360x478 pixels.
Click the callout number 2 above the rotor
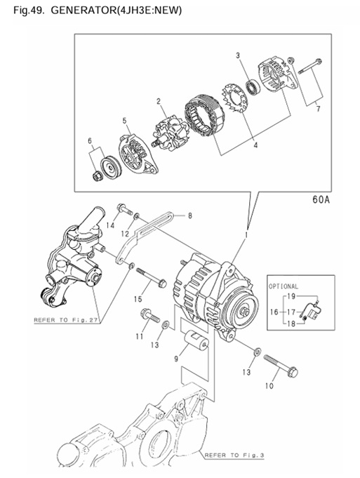coord(159,102)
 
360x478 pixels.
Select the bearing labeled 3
coord(253,87)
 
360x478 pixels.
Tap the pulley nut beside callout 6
coord(97,176)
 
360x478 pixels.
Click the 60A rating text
coord(321,199)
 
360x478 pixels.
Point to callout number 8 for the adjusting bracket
coord(190,215)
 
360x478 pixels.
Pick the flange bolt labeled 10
coord(281,366)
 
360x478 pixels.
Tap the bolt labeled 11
coord(150,316)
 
